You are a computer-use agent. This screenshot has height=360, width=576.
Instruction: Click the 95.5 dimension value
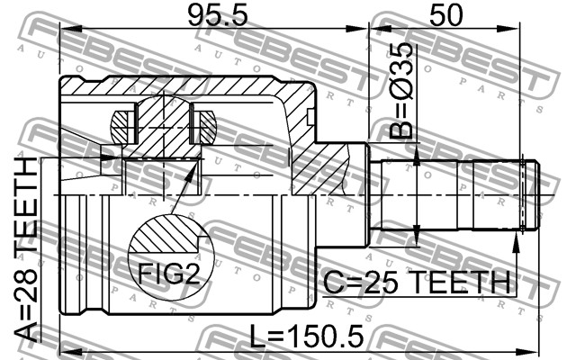[218, 16]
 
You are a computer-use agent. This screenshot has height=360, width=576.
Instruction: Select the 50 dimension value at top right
[446, 16]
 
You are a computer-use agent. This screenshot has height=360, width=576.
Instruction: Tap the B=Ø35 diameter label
[401, 90]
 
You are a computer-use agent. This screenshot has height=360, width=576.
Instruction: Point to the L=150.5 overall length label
[306, 336]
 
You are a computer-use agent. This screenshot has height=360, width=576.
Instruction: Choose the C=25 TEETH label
[417, 283]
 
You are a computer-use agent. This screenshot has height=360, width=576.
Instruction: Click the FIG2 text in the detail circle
[169, 274]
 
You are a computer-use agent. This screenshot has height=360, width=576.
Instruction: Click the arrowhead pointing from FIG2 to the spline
[190, 173]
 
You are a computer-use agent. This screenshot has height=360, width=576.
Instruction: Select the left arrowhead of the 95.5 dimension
[70, 30]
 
